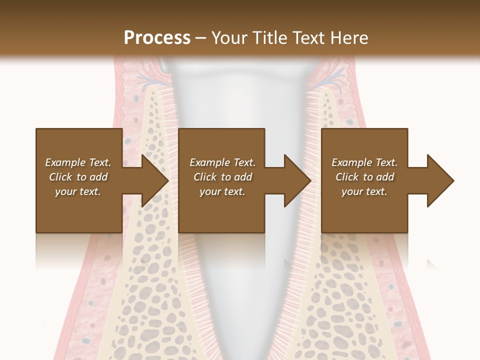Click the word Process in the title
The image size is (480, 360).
pos(157,38)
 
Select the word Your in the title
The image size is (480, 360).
pos(228,38)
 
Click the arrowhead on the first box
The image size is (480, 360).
pos(155,181)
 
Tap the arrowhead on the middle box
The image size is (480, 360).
pos(298,181)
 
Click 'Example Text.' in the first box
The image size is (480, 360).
pos(78,162)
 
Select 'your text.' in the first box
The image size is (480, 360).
pos(78,191)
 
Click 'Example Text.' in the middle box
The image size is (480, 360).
pos(222,162)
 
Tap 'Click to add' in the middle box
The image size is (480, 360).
pos(222,177)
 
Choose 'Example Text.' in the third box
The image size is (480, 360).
pos(364,162)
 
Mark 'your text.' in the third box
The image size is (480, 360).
pos(364,191)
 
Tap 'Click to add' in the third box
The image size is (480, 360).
pos(364,177)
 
